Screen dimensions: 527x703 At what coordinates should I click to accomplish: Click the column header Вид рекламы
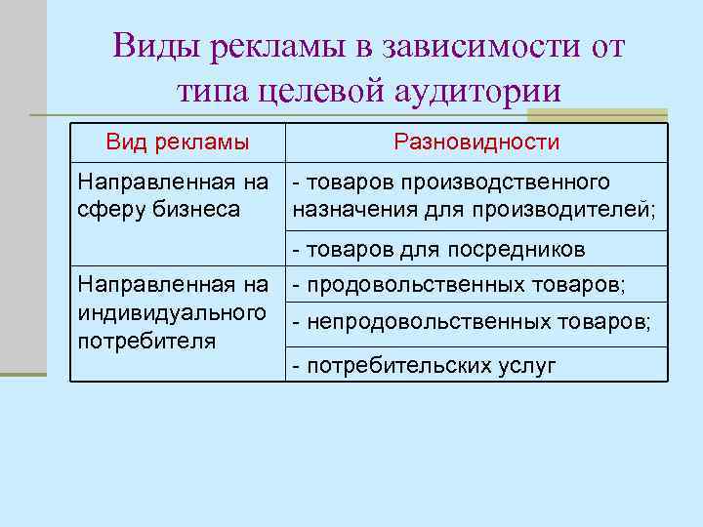coord(177,142)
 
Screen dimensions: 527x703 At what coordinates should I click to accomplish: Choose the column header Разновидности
coord(476,142)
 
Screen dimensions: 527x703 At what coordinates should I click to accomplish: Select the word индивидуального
coord(173,313)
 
